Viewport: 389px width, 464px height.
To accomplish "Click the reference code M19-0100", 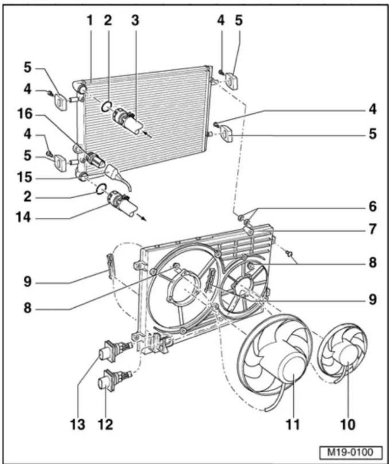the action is (x=351, y=452).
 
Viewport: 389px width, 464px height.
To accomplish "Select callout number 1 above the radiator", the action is (x=90, y=21).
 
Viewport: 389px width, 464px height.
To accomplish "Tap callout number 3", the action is (x=135, y=21).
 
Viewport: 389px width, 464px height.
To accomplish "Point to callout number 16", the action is (x=25, y=114).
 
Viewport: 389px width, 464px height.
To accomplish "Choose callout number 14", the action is (x=24, y=218).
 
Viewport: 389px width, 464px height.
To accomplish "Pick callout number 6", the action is (x=373, y=206).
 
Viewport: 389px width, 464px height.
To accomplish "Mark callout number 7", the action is (x=373, y=229).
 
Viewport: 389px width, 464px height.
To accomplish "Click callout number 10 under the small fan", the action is (x=348, y=424).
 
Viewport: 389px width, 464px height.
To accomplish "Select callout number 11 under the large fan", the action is (x=293, y=424).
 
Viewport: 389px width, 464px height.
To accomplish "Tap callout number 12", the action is (x=106, y=424).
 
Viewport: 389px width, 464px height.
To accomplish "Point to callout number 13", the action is (x=78, y=424).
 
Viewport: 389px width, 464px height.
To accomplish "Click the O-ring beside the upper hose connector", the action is (x=106, y=107).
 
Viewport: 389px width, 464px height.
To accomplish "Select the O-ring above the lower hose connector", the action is (x=101, y=188).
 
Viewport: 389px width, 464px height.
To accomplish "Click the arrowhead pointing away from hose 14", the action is (x=144, y=219).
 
